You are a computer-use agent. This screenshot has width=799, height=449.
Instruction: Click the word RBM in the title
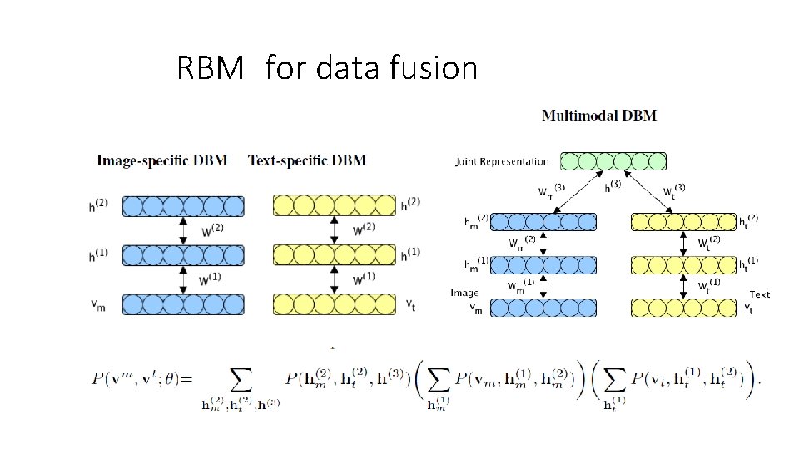pos(211,67)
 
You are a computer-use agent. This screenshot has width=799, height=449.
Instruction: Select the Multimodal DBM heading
pos(598,116)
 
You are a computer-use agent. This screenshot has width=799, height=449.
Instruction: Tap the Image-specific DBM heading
pos(162,160)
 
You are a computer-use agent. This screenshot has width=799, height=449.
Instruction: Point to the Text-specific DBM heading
pos(307,160)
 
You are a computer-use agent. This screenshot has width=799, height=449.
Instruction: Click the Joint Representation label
pos(502,161)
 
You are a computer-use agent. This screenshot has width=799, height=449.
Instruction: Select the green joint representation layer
pos(613,161)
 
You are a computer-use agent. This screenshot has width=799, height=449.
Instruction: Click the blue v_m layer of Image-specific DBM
pos(182,303)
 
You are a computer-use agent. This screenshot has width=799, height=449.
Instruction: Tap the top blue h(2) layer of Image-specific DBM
pos(182,206)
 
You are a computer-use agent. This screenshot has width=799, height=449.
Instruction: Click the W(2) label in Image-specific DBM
pos(213,230)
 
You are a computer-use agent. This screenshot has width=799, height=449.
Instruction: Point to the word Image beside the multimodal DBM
pos(464,293)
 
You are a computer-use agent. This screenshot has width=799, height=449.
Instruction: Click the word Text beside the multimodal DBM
pos(759,294)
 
